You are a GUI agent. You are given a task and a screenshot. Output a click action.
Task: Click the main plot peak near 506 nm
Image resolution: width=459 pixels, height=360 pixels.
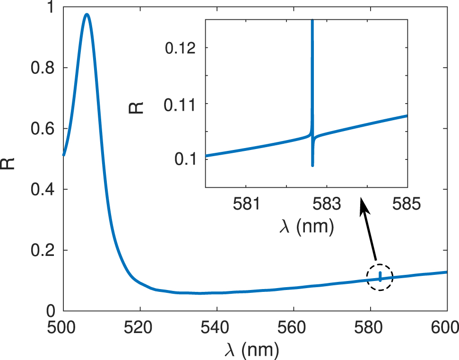point(87,15)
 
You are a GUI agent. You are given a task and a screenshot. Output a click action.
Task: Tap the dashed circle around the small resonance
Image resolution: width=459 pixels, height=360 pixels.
point(380,277)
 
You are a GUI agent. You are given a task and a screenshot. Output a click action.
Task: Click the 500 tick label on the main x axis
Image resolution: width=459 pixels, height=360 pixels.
point(63,327)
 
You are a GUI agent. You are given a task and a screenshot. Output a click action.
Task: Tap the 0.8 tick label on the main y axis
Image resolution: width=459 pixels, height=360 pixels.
point(43,68)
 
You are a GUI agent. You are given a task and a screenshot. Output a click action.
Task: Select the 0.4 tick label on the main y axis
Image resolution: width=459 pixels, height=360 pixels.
point(43,190)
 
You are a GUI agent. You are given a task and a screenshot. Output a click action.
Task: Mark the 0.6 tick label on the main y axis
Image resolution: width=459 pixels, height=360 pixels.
point(43,129)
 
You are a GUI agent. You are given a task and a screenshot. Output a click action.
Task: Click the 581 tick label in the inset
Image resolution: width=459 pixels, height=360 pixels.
point(246,204)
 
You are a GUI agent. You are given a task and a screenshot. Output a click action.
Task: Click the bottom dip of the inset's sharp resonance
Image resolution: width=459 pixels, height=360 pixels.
point(312,165)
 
